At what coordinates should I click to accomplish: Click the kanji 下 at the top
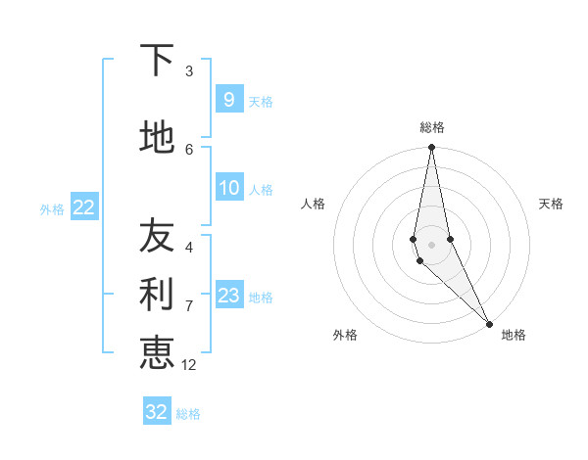[x=157, y=61]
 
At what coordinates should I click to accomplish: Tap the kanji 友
[x=157, y=236]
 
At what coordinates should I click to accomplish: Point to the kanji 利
[x=157, y=295]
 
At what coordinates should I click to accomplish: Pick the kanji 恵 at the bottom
[x=157, y=352]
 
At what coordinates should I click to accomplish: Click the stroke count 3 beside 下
[x=189, y=71]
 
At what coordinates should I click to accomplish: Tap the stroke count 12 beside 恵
[x=189, y=365]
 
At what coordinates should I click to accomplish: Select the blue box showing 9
[x=228, y=99]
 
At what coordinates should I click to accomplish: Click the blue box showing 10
[x=228, y=188]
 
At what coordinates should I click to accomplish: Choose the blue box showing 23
[x=228, y=296]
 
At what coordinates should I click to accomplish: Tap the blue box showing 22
[x=83, y=207]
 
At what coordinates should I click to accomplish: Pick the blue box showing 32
[x=157, y=412]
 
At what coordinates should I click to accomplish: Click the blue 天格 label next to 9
[x=261, y=101]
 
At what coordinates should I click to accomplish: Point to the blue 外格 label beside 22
[x=52, y=209]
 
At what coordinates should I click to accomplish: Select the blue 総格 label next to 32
[x=188, y=414]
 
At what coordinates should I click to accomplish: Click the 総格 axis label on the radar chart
[x=431, y=127]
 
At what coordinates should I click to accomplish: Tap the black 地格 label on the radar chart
[x=514, y=335]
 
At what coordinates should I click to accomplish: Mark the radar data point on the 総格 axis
[x=431, y=148]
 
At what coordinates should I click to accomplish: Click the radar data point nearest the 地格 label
[x=489, y=323]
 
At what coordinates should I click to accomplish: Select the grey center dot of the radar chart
[x=431, y=244]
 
